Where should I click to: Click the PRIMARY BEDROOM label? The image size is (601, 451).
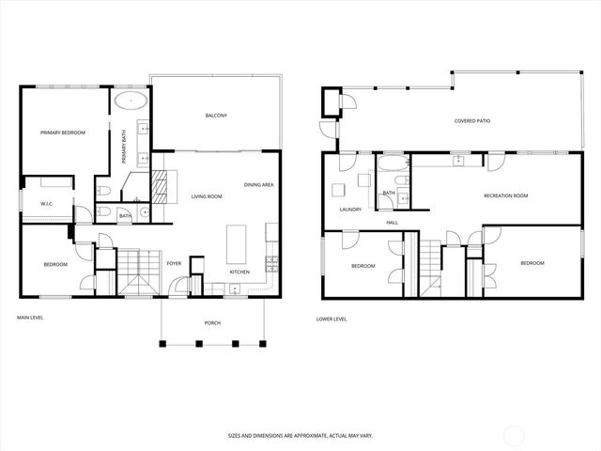pos(63,133)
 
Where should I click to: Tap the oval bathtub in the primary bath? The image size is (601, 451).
pos(131,101)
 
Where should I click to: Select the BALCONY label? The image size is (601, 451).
pos(217,116)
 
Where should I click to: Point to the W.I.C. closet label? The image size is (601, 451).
pos(46,203)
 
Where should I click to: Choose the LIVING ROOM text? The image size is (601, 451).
pos(207,196)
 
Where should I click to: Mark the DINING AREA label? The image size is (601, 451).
pos(259,185)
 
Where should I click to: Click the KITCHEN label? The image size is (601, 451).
pos(240,272)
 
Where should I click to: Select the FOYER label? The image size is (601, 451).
pos(174,264)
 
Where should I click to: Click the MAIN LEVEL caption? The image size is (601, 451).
pos(30,318)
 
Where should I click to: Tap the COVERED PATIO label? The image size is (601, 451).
pos(472,121)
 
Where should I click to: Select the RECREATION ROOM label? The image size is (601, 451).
pos(505,195)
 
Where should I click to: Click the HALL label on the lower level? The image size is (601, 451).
pos(392,223)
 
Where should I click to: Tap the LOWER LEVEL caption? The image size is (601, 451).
pos(331,319)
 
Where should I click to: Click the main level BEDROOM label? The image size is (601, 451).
pos(55,264)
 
